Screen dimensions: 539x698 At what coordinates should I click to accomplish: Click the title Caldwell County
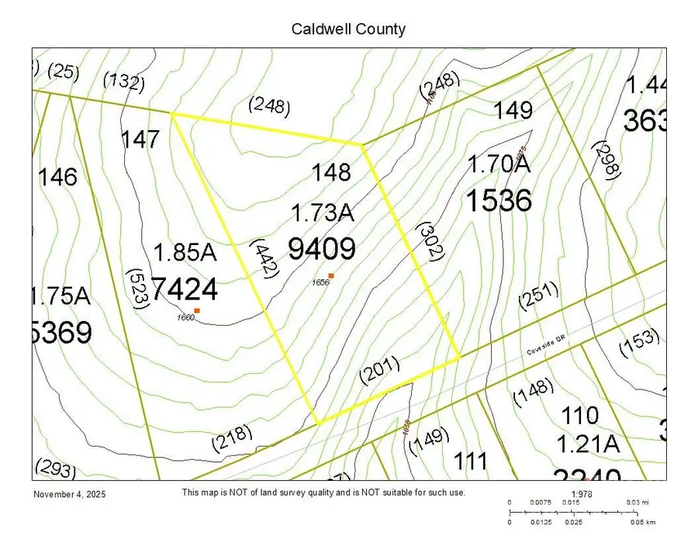348,29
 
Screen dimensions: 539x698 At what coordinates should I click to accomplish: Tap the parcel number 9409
321,249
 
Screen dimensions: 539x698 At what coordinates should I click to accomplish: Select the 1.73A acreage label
322,212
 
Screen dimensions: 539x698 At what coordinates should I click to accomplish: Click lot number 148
331,171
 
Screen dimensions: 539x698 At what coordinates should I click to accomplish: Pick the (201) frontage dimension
379,372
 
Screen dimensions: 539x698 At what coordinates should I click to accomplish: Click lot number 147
140,140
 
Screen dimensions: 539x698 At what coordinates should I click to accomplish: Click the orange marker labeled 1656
331,276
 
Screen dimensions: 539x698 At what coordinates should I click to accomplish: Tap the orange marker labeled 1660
197,310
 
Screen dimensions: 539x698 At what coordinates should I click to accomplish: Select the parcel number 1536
498,202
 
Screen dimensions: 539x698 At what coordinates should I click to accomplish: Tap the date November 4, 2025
70,494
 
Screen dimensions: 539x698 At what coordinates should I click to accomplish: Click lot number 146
58,178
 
